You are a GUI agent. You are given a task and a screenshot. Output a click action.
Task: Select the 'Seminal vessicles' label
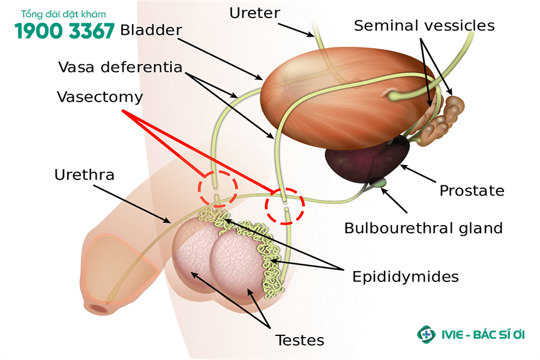424,25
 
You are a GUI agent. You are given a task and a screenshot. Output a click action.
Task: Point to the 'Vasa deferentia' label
120,67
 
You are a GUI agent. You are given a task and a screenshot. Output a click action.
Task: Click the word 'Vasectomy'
100,97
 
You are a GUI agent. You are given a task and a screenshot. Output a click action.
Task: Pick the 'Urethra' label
84,175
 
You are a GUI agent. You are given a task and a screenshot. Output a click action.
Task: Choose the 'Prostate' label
472,191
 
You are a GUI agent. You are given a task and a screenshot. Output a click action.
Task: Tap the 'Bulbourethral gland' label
423,228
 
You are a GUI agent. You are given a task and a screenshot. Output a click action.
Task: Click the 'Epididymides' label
406,276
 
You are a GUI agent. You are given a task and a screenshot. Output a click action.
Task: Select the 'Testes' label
300,340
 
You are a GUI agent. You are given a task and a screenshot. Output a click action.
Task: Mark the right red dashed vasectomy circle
286,206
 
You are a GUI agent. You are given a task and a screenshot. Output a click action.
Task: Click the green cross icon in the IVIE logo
426,334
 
